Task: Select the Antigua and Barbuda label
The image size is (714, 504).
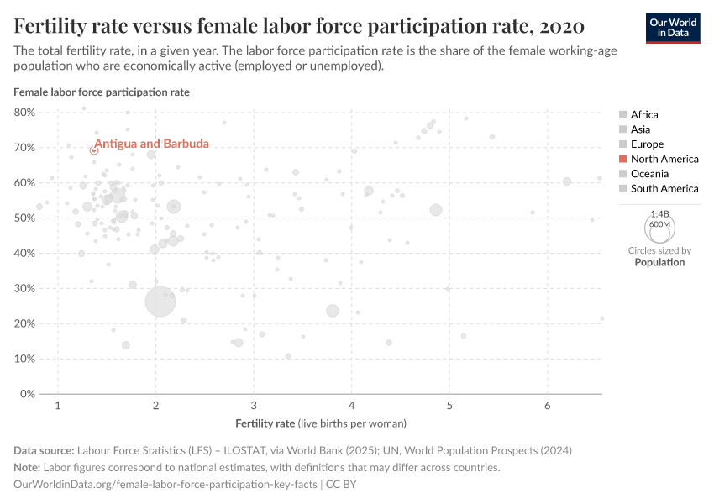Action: [151, 144]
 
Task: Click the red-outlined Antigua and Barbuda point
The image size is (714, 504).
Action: [94, 150]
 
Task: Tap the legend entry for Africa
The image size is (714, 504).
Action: [644, 114]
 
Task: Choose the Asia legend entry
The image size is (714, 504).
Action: [640, 129]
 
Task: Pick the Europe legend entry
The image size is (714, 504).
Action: [647, 144]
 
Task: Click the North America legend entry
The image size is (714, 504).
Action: [664, 159]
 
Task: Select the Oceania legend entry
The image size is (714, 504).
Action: [649, 174]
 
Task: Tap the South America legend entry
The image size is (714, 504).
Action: [664, 188]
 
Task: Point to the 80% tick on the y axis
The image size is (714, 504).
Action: [24, 112]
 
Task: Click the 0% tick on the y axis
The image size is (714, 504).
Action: [27, 394]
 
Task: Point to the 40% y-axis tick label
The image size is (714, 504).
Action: [24, 253]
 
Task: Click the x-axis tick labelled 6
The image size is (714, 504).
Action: [548, 407]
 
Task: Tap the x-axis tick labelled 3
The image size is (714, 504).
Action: [254, 407]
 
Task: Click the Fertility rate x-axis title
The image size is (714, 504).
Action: [321, 423]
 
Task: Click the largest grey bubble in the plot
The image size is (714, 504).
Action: [160, 302]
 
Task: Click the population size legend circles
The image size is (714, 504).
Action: [659, 227]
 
